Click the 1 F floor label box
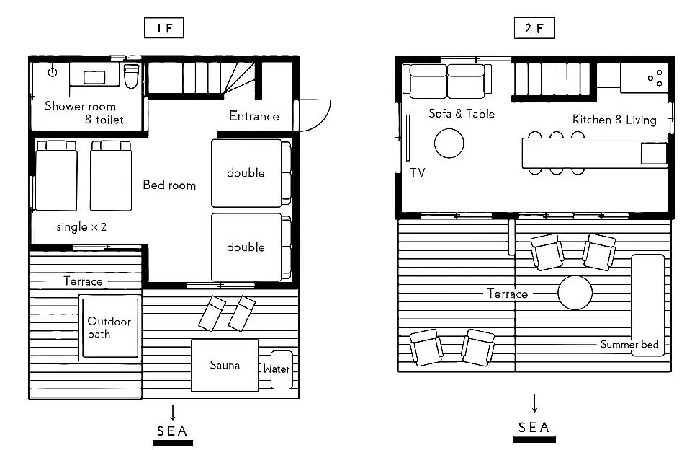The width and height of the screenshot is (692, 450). (x=163, y=28)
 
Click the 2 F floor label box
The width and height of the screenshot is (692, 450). (x=534, y=28)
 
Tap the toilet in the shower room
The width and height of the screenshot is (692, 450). (x=132, y=76)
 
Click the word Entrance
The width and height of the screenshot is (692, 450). (x=254, y=116)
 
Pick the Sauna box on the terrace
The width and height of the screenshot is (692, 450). (x=225, y=365)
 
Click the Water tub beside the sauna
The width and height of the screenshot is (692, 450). (x=281, y=369)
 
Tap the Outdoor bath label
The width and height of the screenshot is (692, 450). (x=109, y=327)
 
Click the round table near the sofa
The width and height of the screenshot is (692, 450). (x=449, y=144)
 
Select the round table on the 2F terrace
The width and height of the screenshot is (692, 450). (x=575, y=293)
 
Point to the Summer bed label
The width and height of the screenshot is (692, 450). (x=629, y=345)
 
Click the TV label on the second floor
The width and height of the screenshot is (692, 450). (x=418, y=172)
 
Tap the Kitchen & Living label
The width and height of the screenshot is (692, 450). (x=614, y=120)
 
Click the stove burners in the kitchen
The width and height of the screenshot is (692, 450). (x=655, y=78)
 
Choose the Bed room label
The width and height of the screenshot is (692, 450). (x=169, y=185)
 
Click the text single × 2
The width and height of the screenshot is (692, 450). (x=81, y=227)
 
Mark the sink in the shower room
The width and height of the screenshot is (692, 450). (x=94, y=77)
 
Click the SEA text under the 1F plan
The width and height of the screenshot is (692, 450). (x=172, y=431)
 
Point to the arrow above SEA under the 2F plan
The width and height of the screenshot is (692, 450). (x=534, y=403)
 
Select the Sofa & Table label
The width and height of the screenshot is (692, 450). (x=462, y=114)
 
